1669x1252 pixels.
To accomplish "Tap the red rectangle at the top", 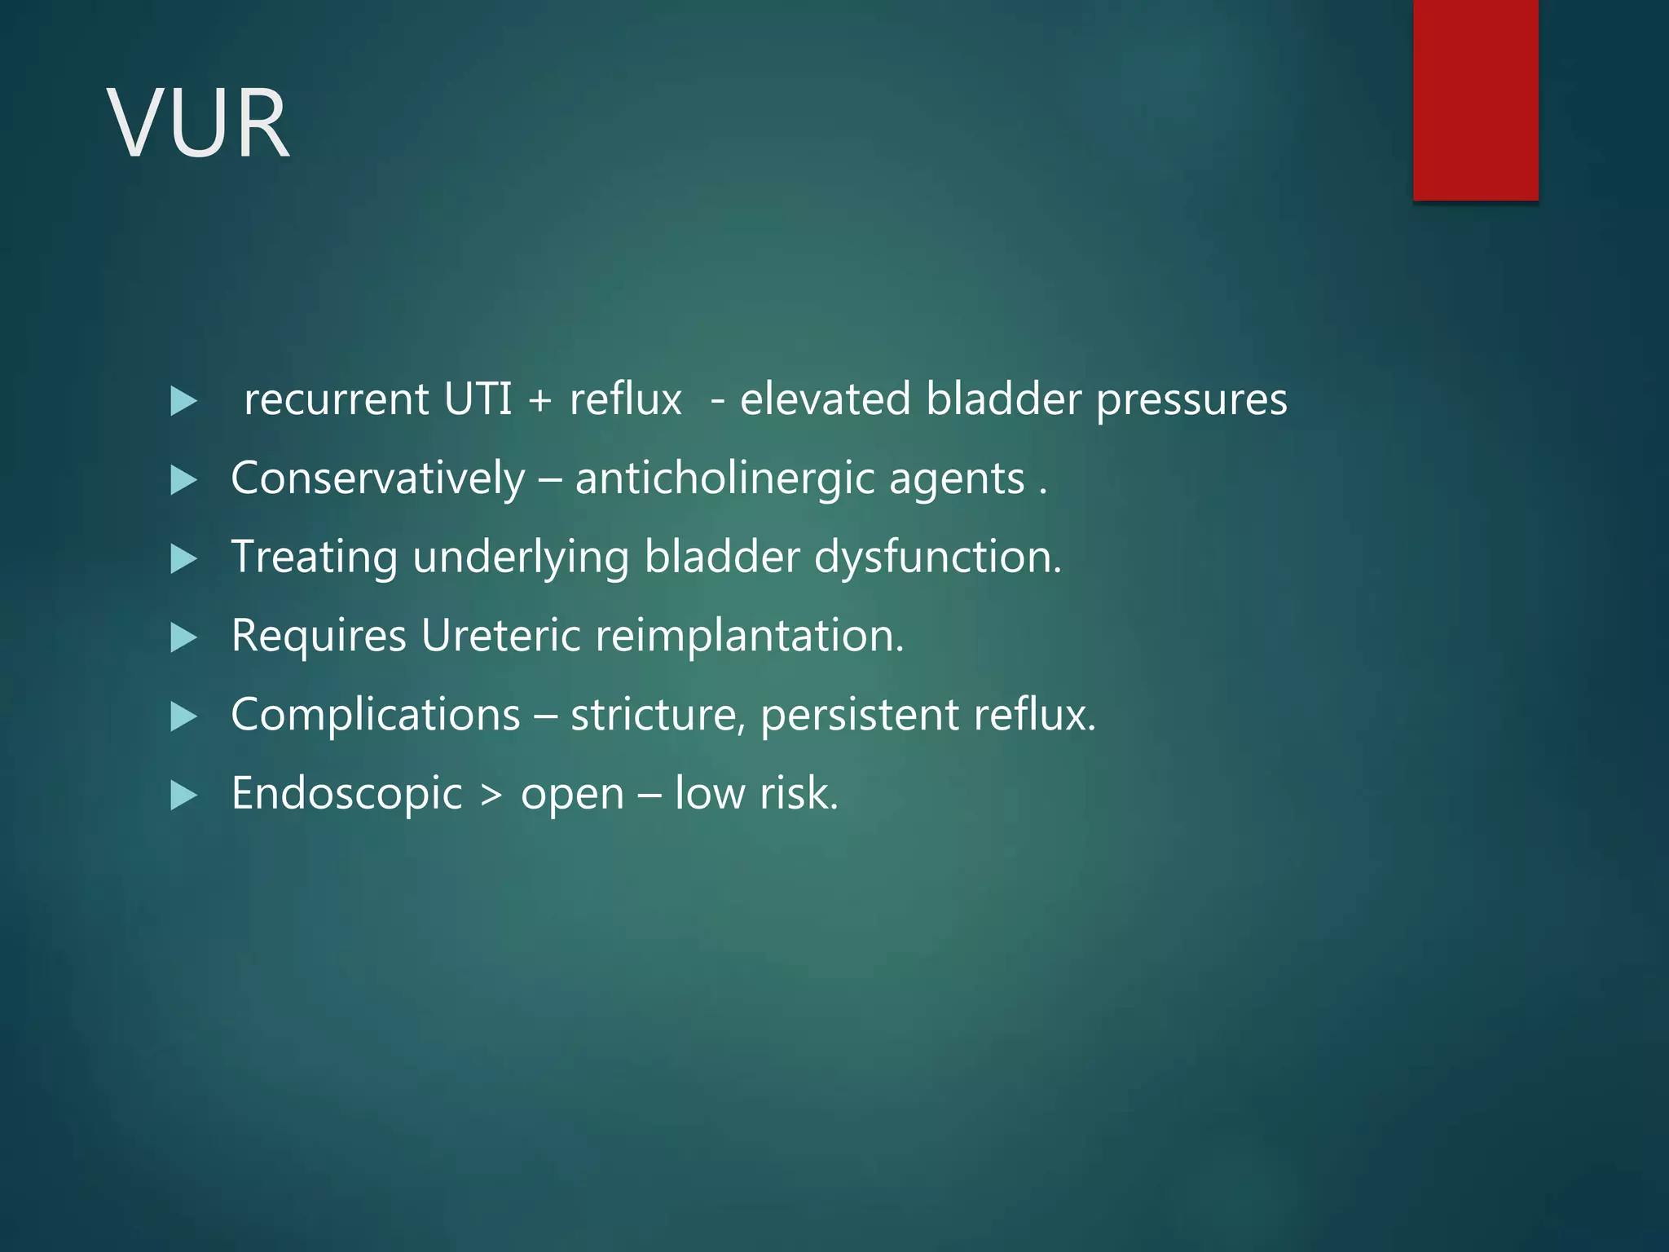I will pyautogui.click(x=1475, y=99).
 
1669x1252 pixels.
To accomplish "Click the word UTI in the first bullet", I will pyautogui.click(x=478, y=399).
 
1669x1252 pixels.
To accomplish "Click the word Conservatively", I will pyautogui.click(x=377, y=478).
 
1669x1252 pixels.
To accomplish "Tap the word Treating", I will pyautogui.click(x=314, y=558).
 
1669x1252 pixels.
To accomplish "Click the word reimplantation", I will pyautogui.click(x=749, y=637).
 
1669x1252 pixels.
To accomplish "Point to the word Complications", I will pyautogui.click(x=375, y=715).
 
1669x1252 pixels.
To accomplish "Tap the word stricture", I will pyautogui.click(x=658, y=715).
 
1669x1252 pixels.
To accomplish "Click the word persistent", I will pyautogui.click(x=860, y=715).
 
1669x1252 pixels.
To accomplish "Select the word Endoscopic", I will pyautogui.click(x=346, y=794).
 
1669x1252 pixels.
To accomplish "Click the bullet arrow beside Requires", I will pyautogui.click(x=183, y=637).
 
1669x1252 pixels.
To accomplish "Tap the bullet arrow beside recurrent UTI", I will pyautogui.click(x=183, y=401).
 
